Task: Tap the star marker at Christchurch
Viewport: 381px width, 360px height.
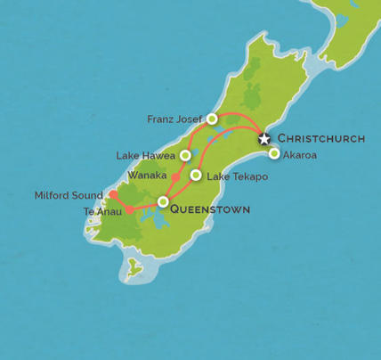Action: point(264,138)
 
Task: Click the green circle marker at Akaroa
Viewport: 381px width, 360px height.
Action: point(274,153)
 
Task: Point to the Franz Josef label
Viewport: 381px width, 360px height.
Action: point(176,119)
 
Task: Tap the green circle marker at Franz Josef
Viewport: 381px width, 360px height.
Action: point(212,119)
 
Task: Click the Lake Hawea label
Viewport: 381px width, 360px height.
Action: point(146,156)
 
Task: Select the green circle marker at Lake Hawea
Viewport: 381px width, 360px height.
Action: point(185,155)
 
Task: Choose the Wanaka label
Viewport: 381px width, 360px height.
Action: point(146,175)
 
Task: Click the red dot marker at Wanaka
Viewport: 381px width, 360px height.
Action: point(175,177)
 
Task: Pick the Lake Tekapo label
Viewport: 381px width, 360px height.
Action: point(237,176)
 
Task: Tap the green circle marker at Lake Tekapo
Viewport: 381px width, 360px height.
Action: point(196,175)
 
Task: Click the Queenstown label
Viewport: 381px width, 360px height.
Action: point(209,210)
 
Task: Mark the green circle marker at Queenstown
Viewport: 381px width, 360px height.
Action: point(163,202)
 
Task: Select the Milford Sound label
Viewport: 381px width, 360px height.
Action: point(69,193)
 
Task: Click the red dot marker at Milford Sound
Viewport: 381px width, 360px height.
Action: point(113,194)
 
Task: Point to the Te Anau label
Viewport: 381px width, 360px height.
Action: point(101,211)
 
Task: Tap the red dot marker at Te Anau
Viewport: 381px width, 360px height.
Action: point(130,210)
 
